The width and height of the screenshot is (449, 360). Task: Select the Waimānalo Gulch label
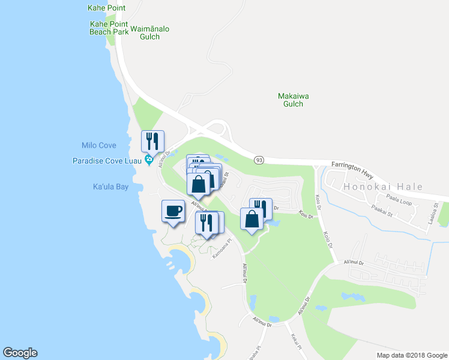(x=145, y=32)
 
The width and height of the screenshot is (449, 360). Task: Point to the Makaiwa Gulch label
(x=290, y=100)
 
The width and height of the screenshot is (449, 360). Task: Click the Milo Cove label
(x=98, y=146)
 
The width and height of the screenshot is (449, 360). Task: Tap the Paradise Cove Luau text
(x=106, y=161)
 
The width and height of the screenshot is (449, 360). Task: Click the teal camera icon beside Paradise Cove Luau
(x=148, y=161)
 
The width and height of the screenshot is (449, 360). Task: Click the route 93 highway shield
(x=259, y=160)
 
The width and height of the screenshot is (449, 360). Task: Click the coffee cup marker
(x=173, y=211)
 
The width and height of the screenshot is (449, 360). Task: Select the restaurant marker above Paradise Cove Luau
(x=152, y=142)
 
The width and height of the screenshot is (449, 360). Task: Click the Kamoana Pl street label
(x=221, y=249)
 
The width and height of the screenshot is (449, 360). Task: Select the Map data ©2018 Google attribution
(x=411, y=355)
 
